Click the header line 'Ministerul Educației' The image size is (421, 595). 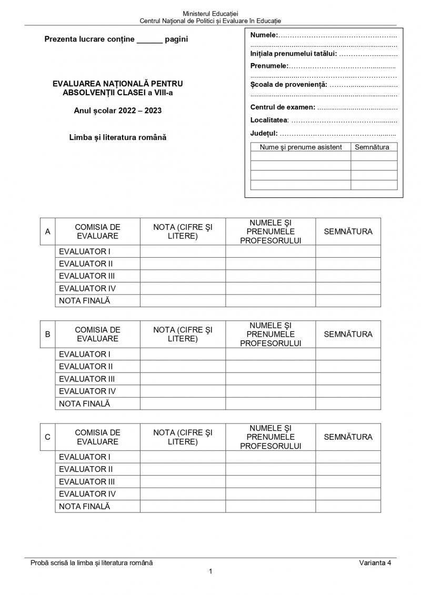(210, 13)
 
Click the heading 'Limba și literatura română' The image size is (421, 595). (118, 137)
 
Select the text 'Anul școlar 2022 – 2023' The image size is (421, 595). (118, 111)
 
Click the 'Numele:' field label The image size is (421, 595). (264, 35)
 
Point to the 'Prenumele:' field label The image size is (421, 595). (269, 66)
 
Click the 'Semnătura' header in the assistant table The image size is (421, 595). (372, 147)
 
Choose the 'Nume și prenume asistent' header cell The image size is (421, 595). (301, 147)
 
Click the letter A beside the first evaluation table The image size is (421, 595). (48, 231)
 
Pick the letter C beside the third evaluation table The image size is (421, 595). (48, 437)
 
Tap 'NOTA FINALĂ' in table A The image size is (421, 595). (85, 301)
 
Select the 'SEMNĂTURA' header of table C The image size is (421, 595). (348, 437)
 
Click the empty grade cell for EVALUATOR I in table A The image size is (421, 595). (183, 251)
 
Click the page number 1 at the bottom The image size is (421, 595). (210, 572)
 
